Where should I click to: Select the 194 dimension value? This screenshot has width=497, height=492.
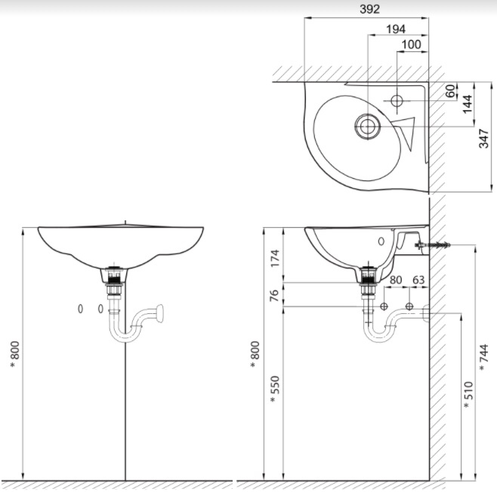pyautogui.click(x=395, y=29)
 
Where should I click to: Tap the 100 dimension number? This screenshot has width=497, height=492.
pyautogui.click(x=411, y=45)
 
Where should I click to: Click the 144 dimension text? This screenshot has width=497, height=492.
pyautogui.click(x=468, y=103)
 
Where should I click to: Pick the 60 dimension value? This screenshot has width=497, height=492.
pyautogui.click(x=451, y=91)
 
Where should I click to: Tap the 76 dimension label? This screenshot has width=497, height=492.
pyautogui.click(x=275, y=294)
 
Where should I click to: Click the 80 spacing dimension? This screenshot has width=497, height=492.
pyautogui.click(x=395, y=281)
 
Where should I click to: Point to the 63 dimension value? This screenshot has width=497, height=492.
pyautogui.click(x=418, y=281)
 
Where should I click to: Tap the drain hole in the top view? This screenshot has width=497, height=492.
pyautogui.click(x=367, y=127)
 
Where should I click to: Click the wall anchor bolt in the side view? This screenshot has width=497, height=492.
pyautogui.click(x=437, y=246)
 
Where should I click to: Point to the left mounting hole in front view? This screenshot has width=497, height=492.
pyautogui.click(x=81, y=309)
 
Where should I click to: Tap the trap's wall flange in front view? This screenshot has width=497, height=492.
pyautogui.click(x=159, y=310)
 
